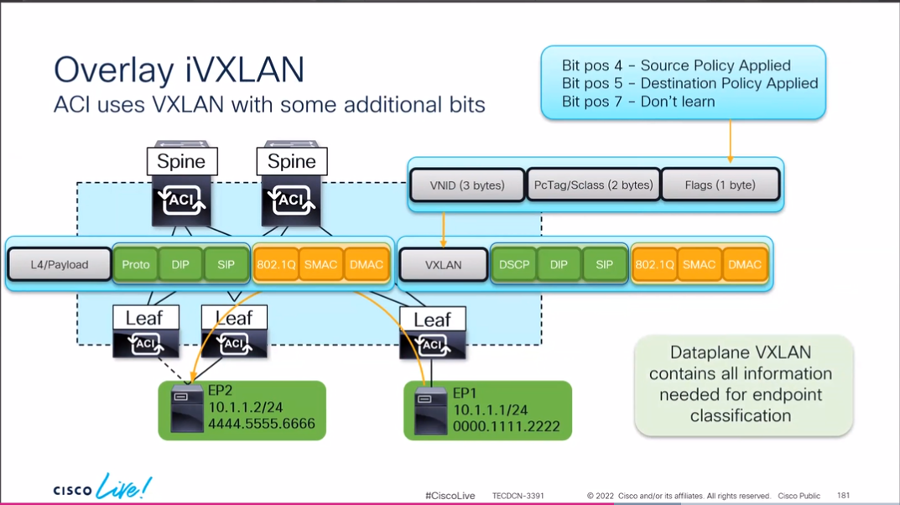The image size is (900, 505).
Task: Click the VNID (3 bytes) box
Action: click(466, 185)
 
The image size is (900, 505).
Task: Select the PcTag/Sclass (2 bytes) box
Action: click(593, 185)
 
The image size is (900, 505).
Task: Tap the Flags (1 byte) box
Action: click(720, 185)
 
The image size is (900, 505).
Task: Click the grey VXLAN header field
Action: click(443, 265)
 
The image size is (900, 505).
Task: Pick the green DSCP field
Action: click(513, 265)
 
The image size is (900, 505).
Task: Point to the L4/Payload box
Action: click(59, 265)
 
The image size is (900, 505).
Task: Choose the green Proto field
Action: click(135, 265)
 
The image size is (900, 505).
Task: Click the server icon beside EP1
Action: click(430, 411)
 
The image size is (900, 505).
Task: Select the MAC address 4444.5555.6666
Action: click(261, 424)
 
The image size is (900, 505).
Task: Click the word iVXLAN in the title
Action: click(243, 70)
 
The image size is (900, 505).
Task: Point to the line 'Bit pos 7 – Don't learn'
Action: click(638, 102)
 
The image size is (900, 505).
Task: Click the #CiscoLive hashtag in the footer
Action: click(450, 496)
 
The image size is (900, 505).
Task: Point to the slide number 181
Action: click(843, 496)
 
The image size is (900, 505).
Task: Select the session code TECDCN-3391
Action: click(518, 496)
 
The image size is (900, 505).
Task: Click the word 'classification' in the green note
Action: click(741, 415)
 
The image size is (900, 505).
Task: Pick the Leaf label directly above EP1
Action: click(432, 320)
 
